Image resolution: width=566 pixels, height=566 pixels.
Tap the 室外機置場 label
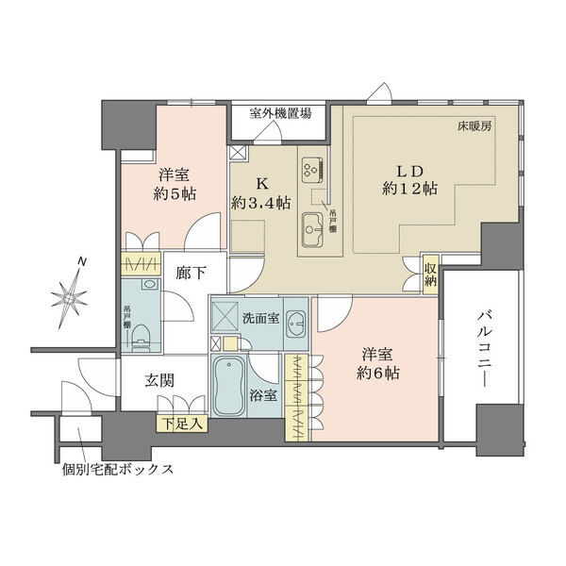[280, 114]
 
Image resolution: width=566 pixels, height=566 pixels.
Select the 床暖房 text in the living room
[474, 126]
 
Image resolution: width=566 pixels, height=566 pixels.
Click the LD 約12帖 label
[410, 180]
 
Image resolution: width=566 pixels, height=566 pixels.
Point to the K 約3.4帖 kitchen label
[261, 193]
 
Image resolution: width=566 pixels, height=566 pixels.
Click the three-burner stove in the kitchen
[313, 170]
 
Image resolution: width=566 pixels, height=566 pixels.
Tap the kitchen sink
[312, 229]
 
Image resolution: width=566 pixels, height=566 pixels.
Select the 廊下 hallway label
[191, 274]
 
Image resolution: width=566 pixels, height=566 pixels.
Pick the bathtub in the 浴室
[228, 386]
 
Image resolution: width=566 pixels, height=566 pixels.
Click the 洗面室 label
[260, 319]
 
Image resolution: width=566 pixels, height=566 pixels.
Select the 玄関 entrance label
[160, 380]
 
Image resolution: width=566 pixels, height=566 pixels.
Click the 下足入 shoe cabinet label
[182, 424]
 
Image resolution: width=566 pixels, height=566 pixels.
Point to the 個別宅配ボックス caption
[118, 469]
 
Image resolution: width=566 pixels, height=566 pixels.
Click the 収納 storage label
[431, 275]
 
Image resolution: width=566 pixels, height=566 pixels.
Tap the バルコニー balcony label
[485, 349]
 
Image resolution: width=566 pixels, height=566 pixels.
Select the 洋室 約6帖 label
[377, 364]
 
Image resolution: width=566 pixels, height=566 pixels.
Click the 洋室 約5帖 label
[175, 185]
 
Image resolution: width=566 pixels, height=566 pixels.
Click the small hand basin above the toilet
[148, 284]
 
